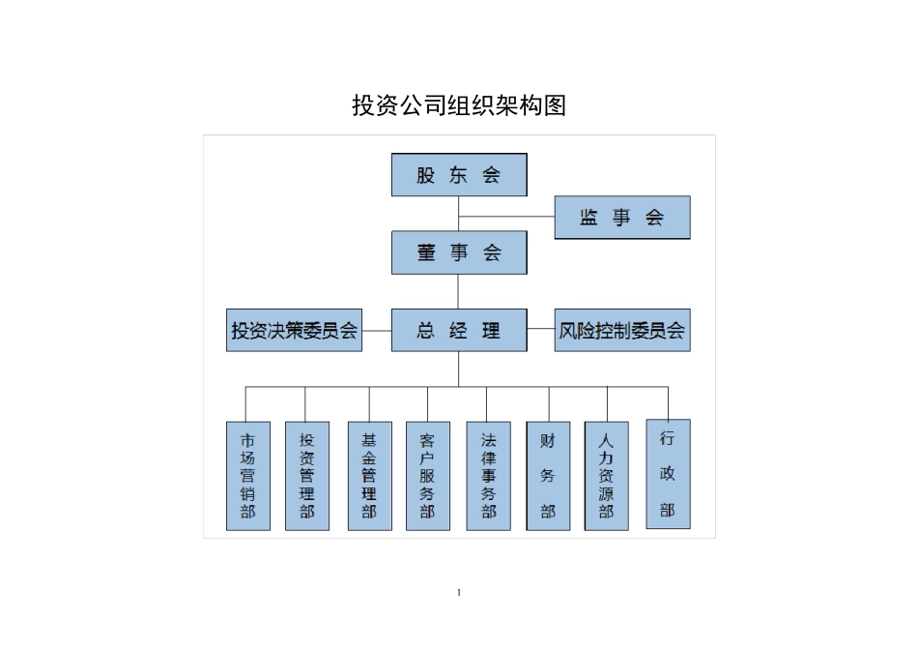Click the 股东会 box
[x=459, y=175]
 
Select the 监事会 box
[x=621, y=218]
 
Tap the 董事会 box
[x=459, y=252]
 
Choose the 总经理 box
[x=459, y=331]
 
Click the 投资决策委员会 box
[x=294, y=331]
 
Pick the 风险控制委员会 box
[x=621, y=331]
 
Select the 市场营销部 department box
[x=248, y=476]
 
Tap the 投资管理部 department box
[x=307, y=476]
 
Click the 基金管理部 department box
[x=369, y=476]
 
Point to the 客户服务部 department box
[x=428, y=476]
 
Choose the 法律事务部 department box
[x=488, y=476]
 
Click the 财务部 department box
[x=548, y=476]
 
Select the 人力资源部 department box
[x=606, y=476]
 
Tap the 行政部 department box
[x=668, y=474]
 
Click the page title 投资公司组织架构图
[x=459, y=106]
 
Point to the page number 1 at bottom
[x=459, y=592]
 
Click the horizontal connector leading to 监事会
[x=506, y=217]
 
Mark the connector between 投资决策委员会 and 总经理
[x=377, y=331]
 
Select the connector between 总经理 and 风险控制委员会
[x=541, y=331]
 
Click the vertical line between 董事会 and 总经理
[x=459, y=291]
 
